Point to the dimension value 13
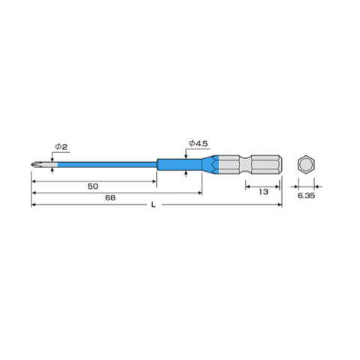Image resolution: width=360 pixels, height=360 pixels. pyautogui.click(x=263, y=191)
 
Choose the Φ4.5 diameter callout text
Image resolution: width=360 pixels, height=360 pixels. pyautogui.click(x=196, y=142)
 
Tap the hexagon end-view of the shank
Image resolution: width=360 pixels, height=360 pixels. pyautogui.click(x=305, y=164)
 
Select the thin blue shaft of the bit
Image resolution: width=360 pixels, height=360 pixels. pyautogui.click(x=105, y=164)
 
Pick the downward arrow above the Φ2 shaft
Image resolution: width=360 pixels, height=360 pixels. pyautogui.click(x=51, y=157)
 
